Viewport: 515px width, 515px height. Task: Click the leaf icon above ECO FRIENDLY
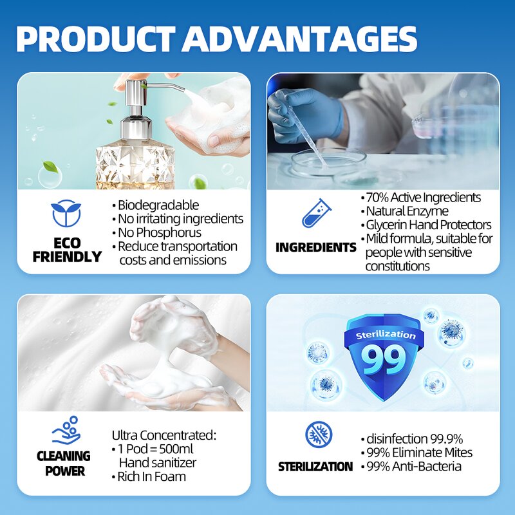(x=66, y=214)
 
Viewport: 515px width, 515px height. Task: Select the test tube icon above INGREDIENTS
(x=315, y=213)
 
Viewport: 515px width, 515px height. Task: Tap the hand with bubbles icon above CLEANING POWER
(x=66, y=429)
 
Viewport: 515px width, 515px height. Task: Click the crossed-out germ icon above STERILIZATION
(x=319, y=435)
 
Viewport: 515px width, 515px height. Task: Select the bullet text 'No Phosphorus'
(x=159, y=232)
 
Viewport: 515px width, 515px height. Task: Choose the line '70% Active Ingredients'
(x=423, y=198)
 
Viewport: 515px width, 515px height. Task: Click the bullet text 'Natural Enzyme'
(x=407, y=211)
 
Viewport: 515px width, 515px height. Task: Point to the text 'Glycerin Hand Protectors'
(x=428, y=225)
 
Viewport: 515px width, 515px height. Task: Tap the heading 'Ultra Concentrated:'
(x=164, y=435)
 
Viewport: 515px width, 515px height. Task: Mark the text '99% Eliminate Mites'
(x=419, y=453)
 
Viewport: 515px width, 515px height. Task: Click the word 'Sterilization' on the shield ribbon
(x=386, y=335)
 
